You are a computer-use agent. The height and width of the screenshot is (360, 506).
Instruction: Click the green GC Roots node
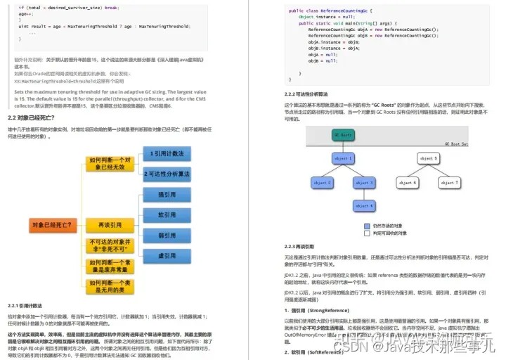tap(344, 134)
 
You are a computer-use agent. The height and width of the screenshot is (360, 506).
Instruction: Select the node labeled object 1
tap(344, 159)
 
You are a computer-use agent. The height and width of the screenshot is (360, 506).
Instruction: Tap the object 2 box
tap(321, 183)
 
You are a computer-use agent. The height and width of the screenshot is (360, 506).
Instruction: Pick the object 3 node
tap(364, 183)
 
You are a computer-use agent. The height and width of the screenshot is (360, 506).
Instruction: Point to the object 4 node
tap(364, 206)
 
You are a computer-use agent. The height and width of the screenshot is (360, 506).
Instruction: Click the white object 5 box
tap(429, 159)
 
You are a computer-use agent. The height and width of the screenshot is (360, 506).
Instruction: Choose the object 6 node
tap(407, 183)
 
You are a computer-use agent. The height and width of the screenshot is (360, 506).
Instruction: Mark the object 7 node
tap(449, 183)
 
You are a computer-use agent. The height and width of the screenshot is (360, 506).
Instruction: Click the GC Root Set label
tap(455, 143)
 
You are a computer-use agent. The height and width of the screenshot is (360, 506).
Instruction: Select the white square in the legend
tap(367, 233)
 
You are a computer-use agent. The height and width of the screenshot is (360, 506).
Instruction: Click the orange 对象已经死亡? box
tap(52, 225)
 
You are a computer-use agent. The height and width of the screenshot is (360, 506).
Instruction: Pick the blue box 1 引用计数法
tap(167, 153)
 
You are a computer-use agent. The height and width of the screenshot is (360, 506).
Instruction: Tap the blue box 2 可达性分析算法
tap(167, 174)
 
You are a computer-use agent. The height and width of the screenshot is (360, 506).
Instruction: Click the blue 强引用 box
tap(167, 195)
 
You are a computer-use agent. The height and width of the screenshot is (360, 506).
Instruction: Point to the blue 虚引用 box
tap(167, 256)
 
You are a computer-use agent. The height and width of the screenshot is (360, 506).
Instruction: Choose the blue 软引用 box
tap(167, 215)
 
